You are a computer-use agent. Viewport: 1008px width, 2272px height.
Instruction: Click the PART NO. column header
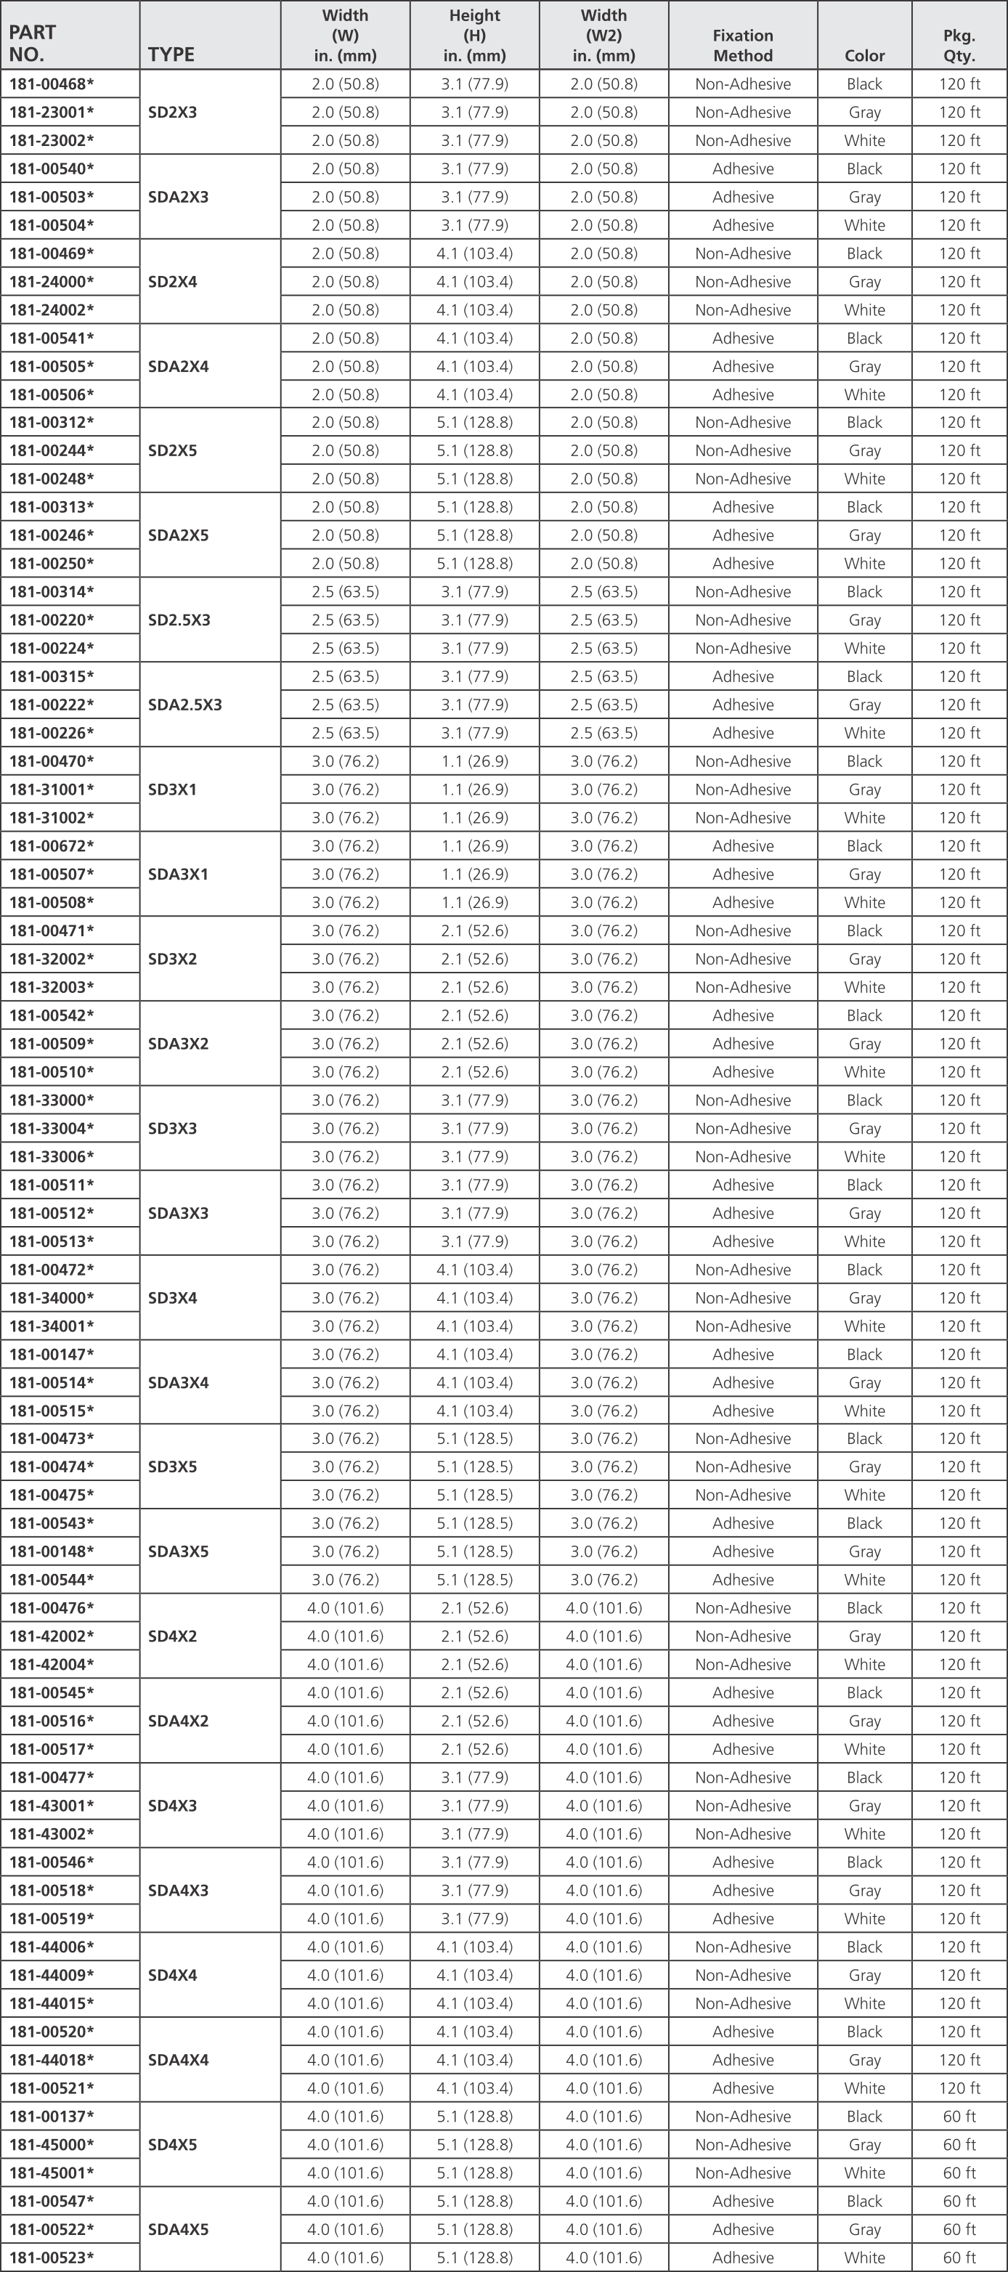click(x=33, y=44)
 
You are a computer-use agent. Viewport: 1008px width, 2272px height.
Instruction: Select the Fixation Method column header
click(x=742, y=45)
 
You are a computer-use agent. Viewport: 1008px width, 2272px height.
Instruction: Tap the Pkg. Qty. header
click(x=959, y=45)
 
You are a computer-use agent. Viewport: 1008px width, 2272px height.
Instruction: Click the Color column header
click(x=864, y=55)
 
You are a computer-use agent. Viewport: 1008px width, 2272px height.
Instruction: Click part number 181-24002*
click(x=51, y=309)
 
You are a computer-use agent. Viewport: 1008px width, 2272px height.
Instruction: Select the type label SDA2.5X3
click(x=185, y=705)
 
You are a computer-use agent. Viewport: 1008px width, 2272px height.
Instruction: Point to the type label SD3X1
click(x=172, y=790)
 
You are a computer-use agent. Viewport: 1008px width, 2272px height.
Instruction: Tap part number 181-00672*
click(x=51, y=845)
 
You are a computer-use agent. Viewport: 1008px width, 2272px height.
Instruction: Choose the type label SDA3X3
click(x=178, y=1213)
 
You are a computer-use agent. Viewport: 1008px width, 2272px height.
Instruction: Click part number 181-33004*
click(x=51, y=1128)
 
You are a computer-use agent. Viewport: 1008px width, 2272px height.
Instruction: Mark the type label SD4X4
click(x=172, y=1975)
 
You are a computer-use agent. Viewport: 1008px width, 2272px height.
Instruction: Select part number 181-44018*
click(x=51, y=2059)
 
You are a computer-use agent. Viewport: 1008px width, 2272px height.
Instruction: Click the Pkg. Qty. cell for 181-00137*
click(x=959, y=2116)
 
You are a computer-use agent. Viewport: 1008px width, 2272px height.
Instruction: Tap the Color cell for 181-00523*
click(x=864, y=2257)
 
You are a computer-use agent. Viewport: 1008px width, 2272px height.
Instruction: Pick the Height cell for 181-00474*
click(x=474, y=1466)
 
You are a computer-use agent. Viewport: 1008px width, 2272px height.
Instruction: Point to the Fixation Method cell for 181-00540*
click(x=742, y=169)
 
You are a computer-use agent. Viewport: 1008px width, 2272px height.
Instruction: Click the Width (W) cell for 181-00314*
click(x=345, y=592)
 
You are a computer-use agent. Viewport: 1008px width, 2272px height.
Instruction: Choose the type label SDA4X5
click(x=178, y=2228)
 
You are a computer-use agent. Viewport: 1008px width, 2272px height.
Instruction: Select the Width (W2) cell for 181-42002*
click(x=604, y=1636)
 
